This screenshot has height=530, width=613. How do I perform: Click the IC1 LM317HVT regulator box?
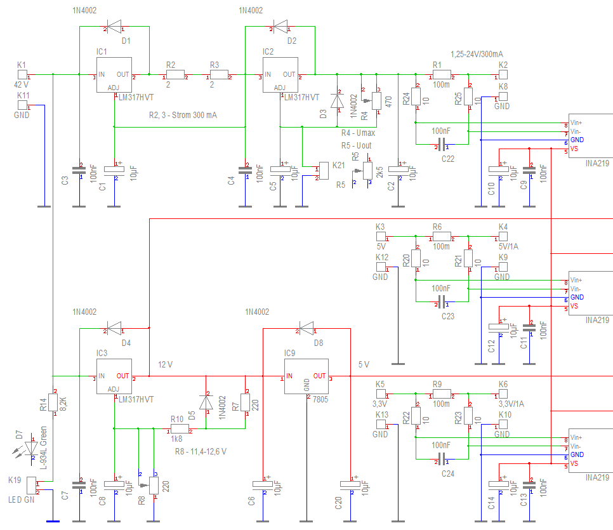(114, 75)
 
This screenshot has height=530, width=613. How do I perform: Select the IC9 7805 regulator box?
(306, 380)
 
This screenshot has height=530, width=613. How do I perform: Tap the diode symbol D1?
(114, 26)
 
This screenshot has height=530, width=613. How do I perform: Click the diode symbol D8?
(306, 329)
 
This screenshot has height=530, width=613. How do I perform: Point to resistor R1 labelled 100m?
(437, 75)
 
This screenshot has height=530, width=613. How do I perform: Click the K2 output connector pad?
(503, 75)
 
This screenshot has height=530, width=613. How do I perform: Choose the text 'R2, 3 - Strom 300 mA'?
(183, 115)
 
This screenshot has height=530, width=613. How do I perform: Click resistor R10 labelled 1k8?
(177, 428)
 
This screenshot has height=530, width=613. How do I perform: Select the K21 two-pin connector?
(322, 170)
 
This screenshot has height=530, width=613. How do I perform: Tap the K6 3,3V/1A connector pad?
(503, 394)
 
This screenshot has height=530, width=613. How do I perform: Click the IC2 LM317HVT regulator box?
(280, 75)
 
